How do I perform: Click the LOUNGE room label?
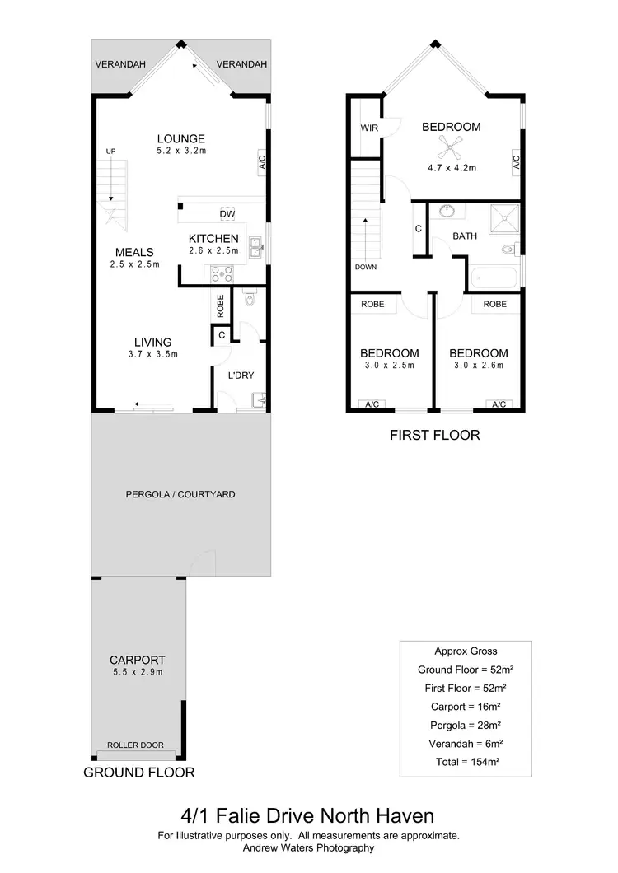[x=181, y=138]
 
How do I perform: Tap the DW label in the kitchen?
[x=227, y=215]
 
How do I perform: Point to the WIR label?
[x=368, y=128]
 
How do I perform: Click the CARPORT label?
[x=138, y=660]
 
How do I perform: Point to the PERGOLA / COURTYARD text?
[x=180, y=495]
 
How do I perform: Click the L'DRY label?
[x=241, y=376]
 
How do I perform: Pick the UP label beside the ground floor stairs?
[x=110, y=151]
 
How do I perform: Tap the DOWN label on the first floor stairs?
[x=366, y=267]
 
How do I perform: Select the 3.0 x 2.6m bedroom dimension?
[x=476, y=365]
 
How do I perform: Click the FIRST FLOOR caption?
[x=434, y=435]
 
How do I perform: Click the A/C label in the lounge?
[x=262, y=161]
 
